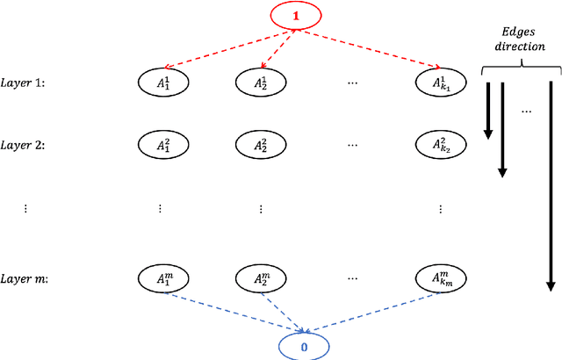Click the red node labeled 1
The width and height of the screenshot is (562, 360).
click(x=295, y=16)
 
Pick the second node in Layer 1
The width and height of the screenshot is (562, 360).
click(x=262, y=83)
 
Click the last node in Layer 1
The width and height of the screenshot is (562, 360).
click(x=440, y=83)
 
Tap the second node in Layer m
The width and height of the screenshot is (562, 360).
click(x=262, y=279)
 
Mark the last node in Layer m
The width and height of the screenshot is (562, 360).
click(x=440, y=279)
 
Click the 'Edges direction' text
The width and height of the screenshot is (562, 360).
click(x=519, y=40)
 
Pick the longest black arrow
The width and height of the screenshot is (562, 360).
click(x=551, y=184)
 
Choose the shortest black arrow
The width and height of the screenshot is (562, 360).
click(x=488, y=110)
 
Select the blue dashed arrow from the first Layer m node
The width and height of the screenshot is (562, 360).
click(x=233, y=310)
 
